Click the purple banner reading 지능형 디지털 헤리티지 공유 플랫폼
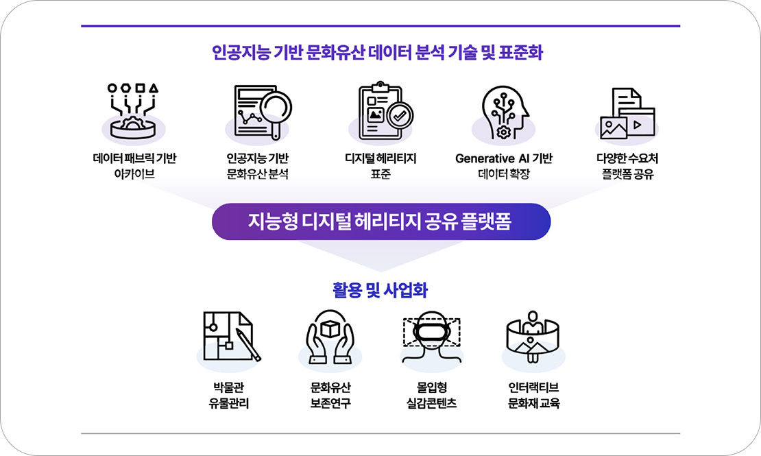pyautogui.click(x=381, y=221)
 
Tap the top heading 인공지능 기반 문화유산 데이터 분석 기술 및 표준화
pyautogui.click(x=377, y=52)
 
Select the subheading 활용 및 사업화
pyautogui.click(x=380, y=290)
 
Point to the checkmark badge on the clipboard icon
pyautogui.click(x=400, y=116)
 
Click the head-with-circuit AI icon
pyautogui.click(x=505, y=112)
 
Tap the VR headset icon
pyautogui.click(x=431, y=336)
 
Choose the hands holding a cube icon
pyautogui.click(x=330, y=337)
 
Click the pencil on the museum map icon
pyautogui.click(x=248, y=344)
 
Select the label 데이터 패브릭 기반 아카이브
pyautogui.click(x=134, y=165)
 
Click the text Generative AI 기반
pyautogui.click(x=504, y=158)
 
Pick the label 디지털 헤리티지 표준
pyautogui.click(x=380, y=165)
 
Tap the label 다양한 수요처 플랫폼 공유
pyautogui.click(x=627, y=165)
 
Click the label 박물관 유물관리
pyautogui.click(x=228, y=395)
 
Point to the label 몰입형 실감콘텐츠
pyautogui.click(x=431, y=395)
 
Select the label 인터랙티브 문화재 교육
pyautogui.click(x=533, y=395)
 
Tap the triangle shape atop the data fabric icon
pyautogui.click(x=154, y=88)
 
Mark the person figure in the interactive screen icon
pyautogui.click(x=533, y=322)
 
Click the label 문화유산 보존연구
pyautogui.click(x=330, y=395)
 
